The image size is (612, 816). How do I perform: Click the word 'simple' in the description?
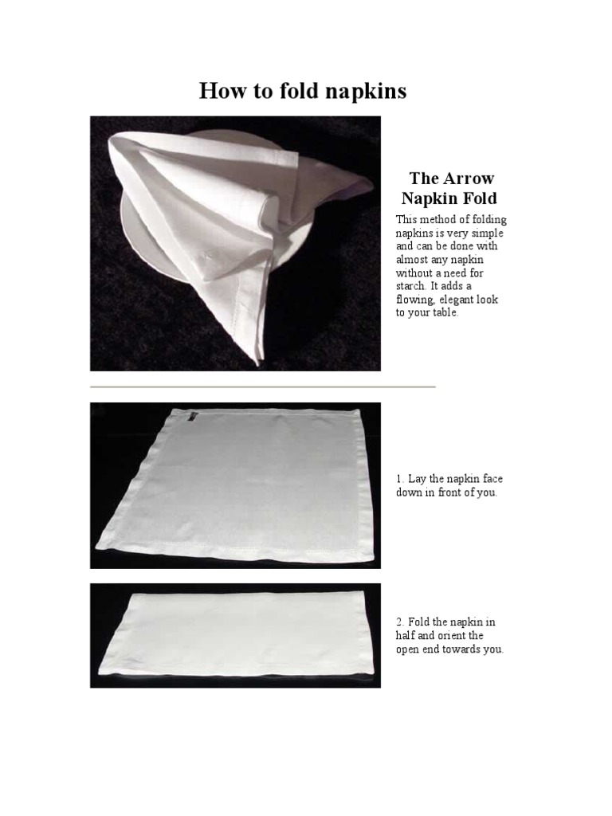coord(487,233)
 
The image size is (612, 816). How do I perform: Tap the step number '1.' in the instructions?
coord(400,479)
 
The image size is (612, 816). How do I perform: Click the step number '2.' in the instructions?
coord(401,622)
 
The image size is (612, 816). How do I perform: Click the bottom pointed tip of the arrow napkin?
coord(256,363)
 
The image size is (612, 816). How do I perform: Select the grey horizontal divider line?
coord(263,387)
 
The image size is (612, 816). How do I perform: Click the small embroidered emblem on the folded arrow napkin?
coord(209,256)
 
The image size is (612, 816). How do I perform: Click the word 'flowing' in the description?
coord(414,300)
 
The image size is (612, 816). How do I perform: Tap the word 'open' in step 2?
coord(410,649)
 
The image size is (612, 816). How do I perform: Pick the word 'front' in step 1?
coord(450,492)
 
